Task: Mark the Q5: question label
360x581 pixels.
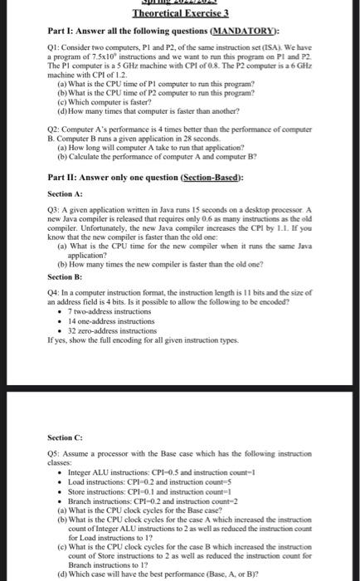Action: pos(53,454)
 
